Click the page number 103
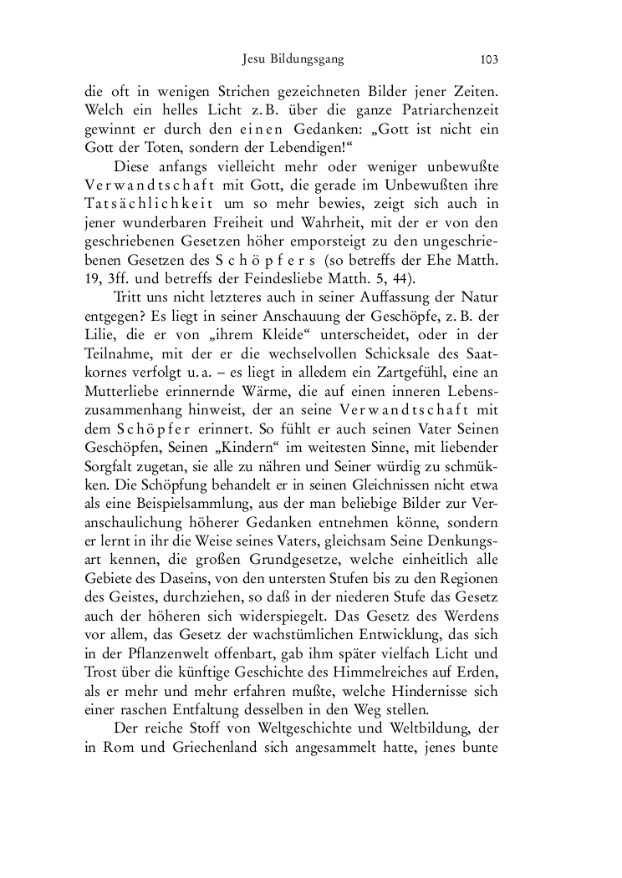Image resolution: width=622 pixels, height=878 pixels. point(489,59)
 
